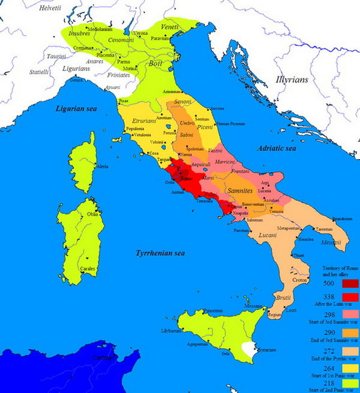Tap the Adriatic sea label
click(276, 148)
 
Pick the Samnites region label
click(244, 190)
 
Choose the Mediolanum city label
click(100, 29)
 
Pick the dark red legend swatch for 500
click(350, 283)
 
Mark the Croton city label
click(299, 280)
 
